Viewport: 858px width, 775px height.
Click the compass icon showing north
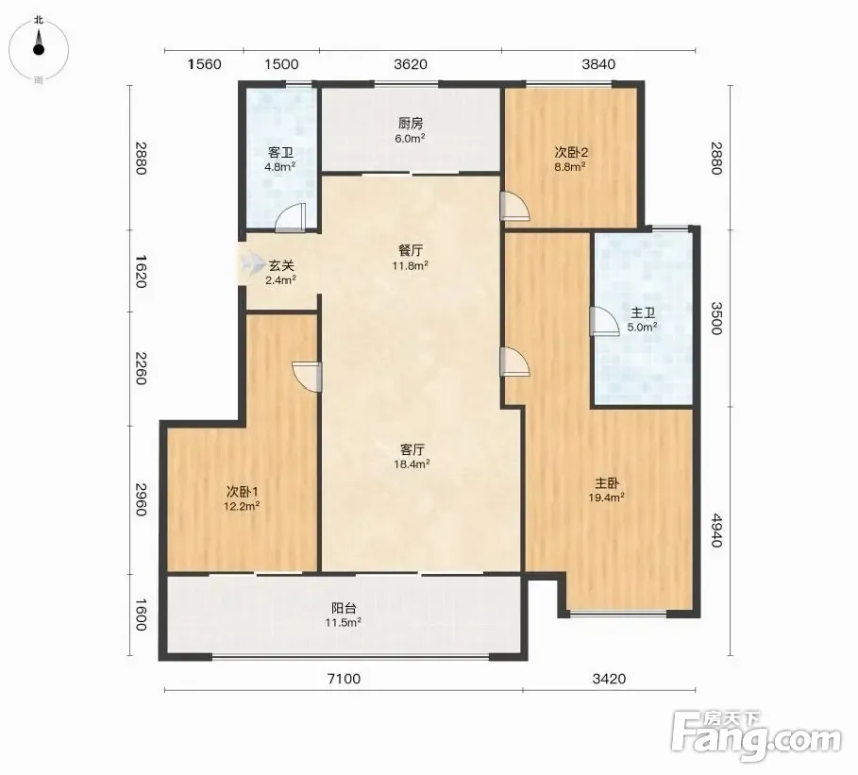click(x=39, y=49)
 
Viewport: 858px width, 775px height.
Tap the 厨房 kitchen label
click(x=411, y=124)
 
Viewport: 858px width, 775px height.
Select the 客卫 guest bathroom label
click(x=280, y=153)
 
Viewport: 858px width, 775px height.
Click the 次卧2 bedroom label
click(x=571, y=152)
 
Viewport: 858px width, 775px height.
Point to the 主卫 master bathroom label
click(x=643, y=313)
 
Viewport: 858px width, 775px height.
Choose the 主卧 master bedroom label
click(x=607, y=483)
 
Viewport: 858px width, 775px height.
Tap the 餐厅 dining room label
click(x=411, y=251)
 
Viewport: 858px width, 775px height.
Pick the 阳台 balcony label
click(x=344, y=608)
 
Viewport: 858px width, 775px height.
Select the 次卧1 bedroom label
click(x=242, y=492)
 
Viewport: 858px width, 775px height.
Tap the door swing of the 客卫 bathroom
click(x=290, y=218)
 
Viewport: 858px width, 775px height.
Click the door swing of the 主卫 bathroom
click(x=604, y=321)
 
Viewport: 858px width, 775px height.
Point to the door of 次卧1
click(x=308, y=377)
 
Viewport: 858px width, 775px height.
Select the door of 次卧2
click(x=515, y=207)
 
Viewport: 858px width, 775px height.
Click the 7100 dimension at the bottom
click(x=344, y=679)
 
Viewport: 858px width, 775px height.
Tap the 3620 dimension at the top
click(x=411, y=64)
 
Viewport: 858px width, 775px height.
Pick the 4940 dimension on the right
click(x=716, y=530)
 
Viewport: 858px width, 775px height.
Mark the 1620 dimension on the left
click(x=142, y=271)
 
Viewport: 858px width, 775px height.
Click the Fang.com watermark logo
click(x=756, y=735)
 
